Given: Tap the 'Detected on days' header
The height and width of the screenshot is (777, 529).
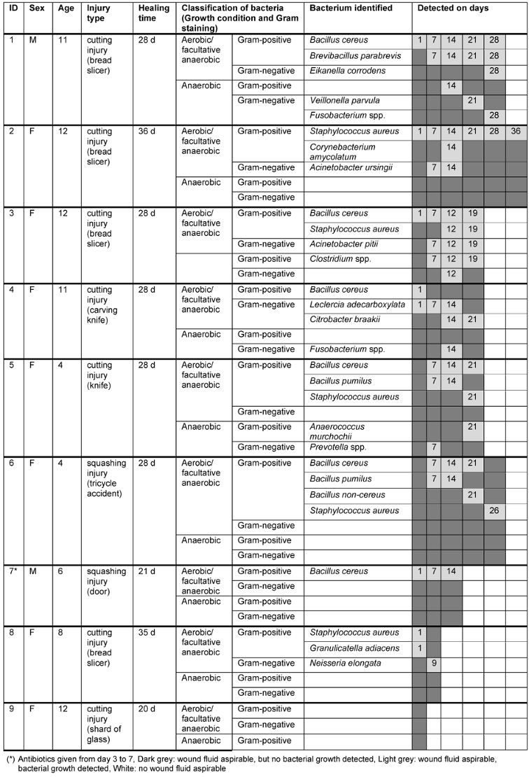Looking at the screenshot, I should (453, 8).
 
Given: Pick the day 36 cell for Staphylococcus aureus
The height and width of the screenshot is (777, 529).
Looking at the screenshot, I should (516, 132).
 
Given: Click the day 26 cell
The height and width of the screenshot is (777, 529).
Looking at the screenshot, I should (494, 511).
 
